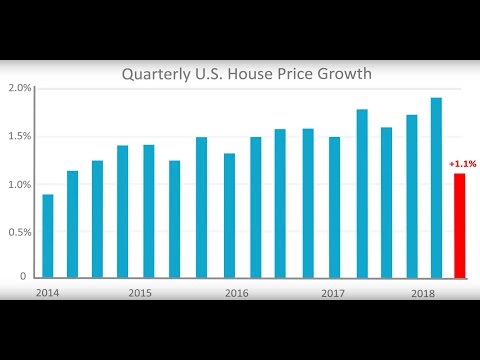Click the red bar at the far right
459,225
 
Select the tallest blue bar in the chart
436,187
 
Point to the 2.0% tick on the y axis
20,89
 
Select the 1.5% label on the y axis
20,136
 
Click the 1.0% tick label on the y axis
20,184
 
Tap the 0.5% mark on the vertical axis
20,231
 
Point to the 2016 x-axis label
236,294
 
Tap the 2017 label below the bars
333,294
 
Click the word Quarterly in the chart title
156,74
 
